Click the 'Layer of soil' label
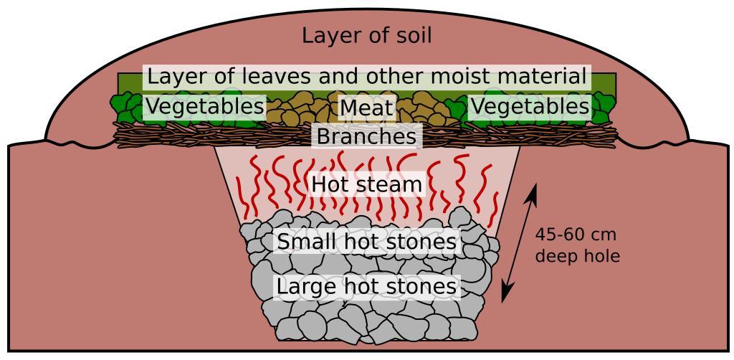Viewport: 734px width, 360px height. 366,35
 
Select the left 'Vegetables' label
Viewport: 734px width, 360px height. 205,108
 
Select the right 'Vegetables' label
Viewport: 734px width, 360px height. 530,108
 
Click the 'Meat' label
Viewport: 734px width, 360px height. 366,108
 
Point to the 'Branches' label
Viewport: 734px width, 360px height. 366,136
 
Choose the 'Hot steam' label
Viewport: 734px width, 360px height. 366,185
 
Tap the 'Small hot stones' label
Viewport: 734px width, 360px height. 366,242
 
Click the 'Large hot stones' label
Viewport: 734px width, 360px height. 366,287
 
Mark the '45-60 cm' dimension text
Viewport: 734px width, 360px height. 576,235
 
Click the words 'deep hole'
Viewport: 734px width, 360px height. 577,255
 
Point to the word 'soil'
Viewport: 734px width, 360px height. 409,35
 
